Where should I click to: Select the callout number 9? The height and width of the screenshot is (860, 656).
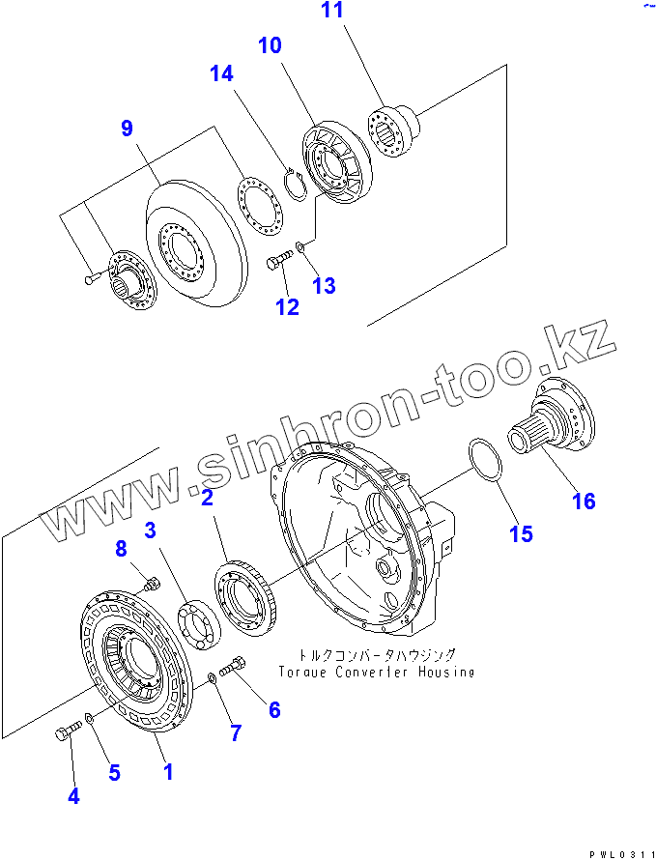tap(127, 129)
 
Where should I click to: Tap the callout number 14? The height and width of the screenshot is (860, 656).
tap(221, 74)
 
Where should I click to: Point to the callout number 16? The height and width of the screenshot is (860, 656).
tap(583, 501)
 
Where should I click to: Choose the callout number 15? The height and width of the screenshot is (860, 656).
tap(521, 533)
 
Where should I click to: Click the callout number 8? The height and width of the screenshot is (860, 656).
tap(121, 549)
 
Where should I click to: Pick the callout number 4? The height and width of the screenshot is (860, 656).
tap(73, 796)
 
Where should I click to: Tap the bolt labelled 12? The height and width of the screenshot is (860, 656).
tap(279, 261)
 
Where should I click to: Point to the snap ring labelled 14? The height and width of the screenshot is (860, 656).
tap(298, 185)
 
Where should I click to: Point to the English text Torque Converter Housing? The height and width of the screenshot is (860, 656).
tap(376, 672)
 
